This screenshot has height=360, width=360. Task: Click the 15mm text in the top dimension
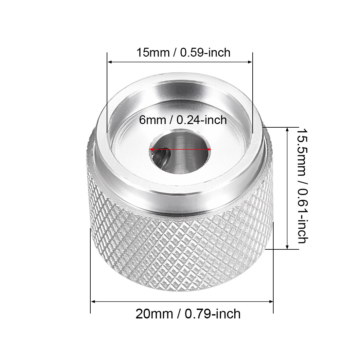[153, 52]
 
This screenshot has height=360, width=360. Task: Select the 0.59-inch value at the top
[205, 52]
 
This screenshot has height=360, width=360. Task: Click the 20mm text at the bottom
[154, 314]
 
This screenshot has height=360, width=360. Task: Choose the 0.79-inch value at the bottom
[213, 314]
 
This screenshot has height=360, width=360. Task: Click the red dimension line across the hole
[180, 150]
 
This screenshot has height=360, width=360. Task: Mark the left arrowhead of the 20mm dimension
[93, 301]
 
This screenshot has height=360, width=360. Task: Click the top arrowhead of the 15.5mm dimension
[287, 129]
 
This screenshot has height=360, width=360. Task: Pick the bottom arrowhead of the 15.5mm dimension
[287, 247]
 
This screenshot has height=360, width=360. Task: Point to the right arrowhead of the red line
[209, 150]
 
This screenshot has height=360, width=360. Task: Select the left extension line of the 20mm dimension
[90, 272]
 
